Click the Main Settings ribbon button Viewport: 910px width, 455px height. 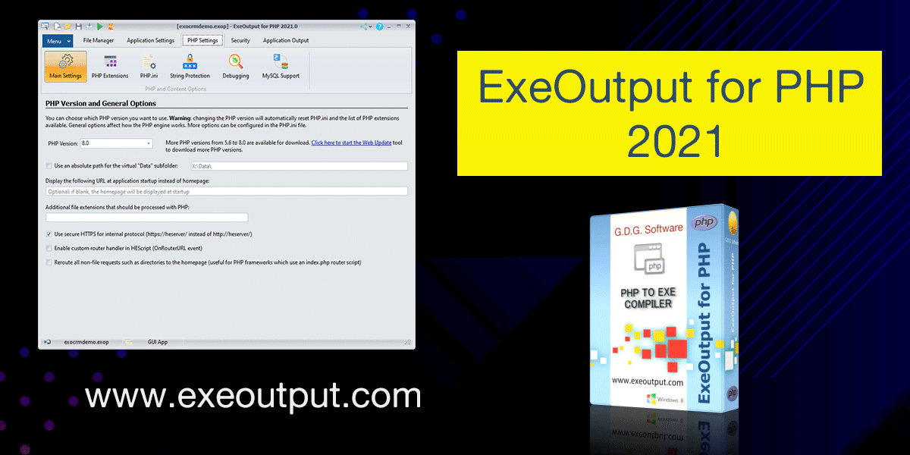65,67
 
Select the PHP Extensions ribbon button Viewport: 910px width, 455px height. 110,67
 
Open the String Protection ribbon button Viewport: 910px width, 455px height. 190,67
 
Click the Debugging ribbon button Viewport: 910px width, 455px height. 236,67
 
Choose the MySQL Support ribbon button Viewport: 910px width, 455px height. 281,67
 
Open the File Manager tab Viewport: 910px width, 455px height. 99,40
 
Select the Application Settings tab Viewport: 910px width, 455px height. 150,40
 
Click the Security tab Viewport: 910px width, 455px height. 240,40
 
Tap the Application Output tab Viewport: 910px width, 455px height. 286,40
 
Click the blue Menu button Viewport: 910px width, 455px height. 58,40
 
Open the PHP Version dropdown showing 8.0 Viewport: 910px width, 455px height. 116,143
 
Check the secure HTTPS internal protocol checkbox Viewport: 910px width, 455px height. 49,234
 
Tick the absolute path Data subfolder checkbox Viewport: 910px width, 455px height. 49,165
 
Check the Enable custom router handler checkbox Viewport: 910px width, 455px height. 49,248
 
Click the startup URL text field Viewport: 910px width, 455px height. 226,192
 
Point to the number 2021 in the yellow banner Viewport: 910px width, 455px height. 670,140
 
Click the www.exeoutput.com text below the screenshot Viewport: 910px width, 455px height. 253,396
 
